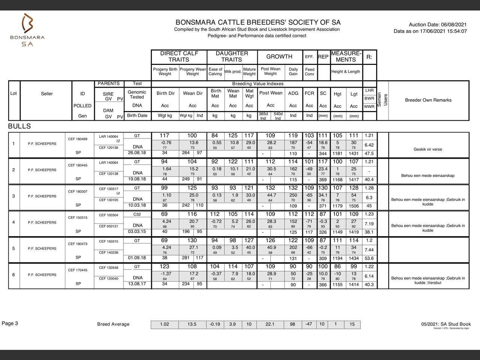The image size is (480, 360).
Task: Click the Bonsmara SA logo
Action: coord(27,30)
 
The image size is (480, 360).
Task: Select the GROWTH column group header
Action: coord(279,57)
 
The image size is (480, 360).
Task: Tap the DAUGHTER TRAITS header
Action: coord(232,57)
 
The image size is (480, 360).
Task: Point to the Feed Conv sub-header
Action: coord(309,72)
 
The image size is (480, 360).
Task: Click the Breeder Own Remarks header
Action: coord(428,100)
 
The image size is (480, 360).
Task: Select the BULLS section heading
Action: coord(19,126)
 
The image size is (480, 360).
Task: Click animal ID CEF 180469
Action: coord(78,139)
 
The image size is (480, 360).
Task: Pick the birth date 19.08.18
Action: coord(137,179)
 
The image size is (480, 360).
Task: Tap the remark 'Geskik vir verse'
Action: coord(428,149)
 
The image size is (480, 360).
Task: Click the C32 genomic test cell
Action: coord(137,214)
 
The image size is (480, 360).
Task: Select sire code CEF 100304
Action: coord(108,215)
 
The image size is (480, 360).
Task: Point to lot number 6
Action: coord(13,275)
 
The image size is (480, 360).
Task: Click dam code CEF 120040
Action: coord(108,279)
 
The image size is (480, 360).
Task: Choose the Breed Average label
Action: coord(113,324)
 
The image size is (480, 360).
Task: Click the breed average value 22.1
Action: coord(270,324)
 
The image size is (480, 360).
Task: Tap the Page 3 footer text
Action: coord(10,324)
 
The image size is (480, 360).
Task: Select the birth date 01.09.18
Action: coord(137,258)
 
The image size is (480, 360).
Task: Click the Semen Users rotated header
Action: coord(382,100)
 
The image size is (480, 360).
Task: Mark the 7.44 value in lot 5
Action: coord(369,250)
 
